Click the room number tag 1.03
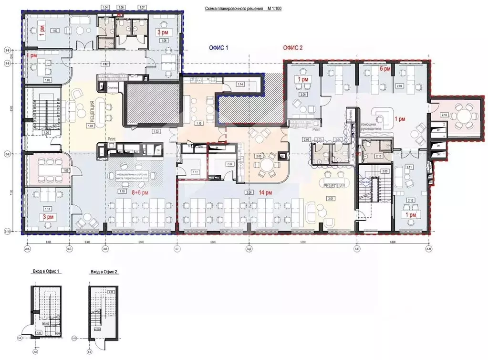pyautogui.click(x=55, y=31)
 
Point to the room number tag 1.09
pyautogui.click(x=66, y=170)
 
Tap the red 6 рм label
pyautogui.click(x=385, y=69)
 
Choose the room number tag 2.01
pyautogui.click(x=329, y=197)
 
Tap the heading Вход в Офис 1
pyautogui.click(x=46, y=271)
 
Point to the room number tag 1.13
pyautogui.click(x=198, y=123)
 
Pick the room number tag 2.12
pyautogui.click(x=411, y=200)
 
